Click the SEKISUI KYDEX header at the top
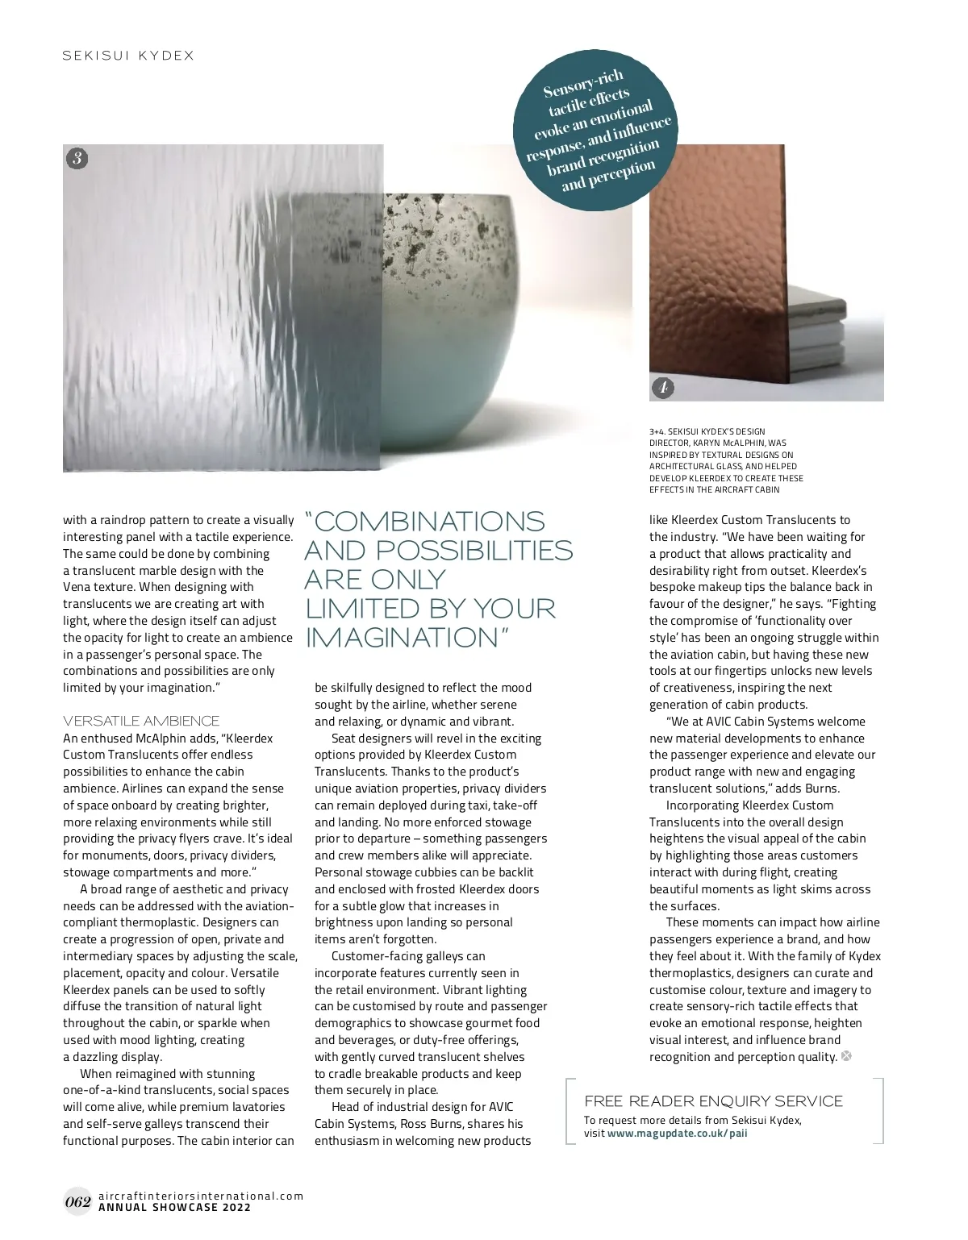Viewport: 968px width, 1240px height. pyautogui.click(x=129, y=56)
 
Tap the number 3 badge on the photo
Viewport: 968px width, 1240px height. pyautogui.click(x=77, y=158)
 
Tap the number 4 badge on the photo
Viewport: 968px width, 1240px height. pyautogui.click(x=662, y=388)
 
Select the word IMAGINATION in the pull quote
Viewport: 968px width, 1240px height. pyautogui.click(x=403, y=638)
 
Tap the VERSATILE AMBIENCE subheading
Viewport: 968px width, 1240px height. pyautogui.click(x=141, y=721)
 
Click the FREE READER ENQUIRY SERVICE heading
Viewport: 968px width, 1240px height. pyautogui.click(x=713, y=1101)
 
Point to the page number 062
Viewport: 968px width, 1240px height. pyautogui.click(x=77, y=1202)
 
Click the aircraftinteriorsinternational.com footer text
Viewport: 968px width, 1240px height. pyautogui.click(x=201, y=1196)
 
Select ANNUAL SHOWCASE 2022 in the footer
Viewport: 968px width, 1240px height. pyautogui.click(x=174, y=1208)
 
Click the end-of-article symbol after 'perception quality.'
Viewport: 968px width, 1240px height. pyautogui.click(x=846, y=1056)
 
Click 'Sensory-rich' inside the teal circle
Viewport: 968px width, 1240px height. pyautogui.click(x=582, y=83)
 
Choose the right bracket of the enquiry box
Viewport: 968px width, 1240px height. pyautogui.click(x=881, y=1111)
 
